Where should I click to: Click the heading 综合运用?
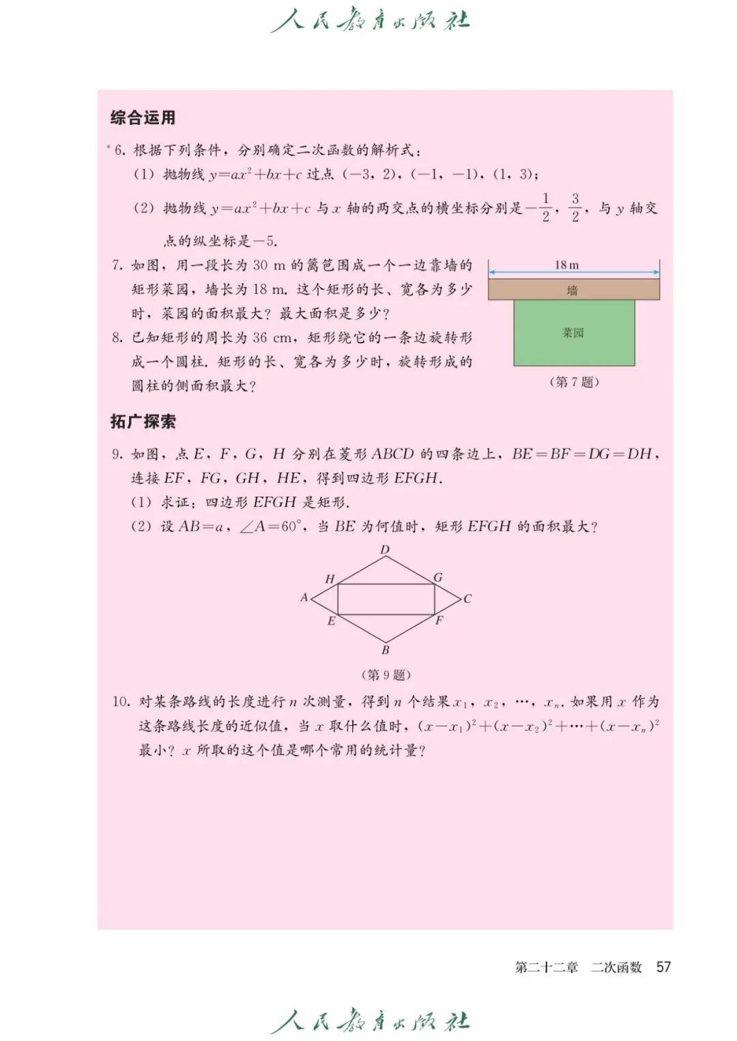click(143, 117)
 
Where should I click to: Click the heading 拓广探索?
click(143, 422)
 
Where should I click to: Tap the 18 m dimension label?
click(566, 265)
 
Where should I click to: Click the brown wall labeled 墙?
click(573, 290)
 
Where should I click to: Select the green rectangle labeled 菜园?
click(574, 334)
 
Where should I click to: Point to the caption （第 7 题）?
click(574, 382)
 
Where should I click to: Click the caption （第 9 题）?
click(386, 675)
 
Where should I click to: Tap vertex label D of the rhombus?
click(385, 550)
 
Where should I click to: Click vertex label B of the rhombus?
click(386, 650)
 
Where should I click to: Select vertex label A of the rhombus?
click(304, 598)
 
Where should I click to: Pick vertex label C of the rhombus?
click(467, 599)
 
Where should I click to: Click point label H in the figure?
click(330, 579)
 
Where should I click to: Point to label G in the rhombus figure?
click(438, 578)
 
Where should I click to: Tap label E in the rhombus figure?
click(332, 621)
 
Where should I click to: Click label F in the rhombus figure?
click(439, 621)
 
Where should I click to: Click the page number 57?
click(663, 967)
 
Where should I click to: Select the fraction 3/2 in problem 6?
click(575, 207)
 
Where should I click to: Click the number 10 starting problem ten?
click(121, 702)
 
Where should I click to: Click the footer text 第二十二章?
click(546, 967)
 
